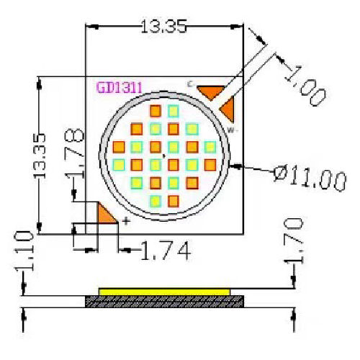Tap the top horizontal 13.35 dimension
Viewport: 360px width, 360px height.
pos(163,27)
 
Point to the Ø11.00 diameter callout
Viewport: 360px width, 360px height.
pos(310,176)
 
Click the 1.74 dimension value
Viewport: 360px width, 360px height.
pos(165,251)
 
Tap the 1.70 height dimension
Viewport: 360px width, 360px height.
pos(295,241)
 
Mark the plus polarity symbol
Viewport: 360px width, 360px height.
pos(126,221)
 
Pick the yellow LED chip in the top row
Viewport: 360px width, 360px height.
pos(173,111)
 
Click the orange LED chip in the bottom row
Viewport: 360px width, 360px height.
pos(173,199)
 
